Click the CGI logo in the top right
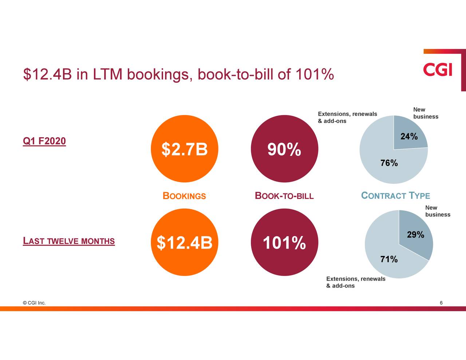(438, 70)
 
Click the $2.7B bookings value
(184, 149)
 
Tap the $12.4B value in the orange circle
(184, 243)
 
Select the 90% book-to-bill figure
(284, 149)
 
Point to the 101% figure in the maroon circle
(284, 243)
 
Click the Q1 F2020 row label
(44, 141)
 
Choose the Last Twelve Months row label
(69, 241)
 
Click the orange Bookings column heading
(184, 196)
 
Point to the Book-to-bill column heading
(284, 196)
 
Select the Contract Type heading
(395, 196)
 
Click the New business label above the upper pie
(425, 113)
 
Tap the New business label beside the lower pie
(437, 211)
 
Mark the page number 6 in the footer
(441, 303)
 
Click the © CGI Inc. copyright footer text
(34, 303)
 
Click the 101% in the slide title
(314, 75)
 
